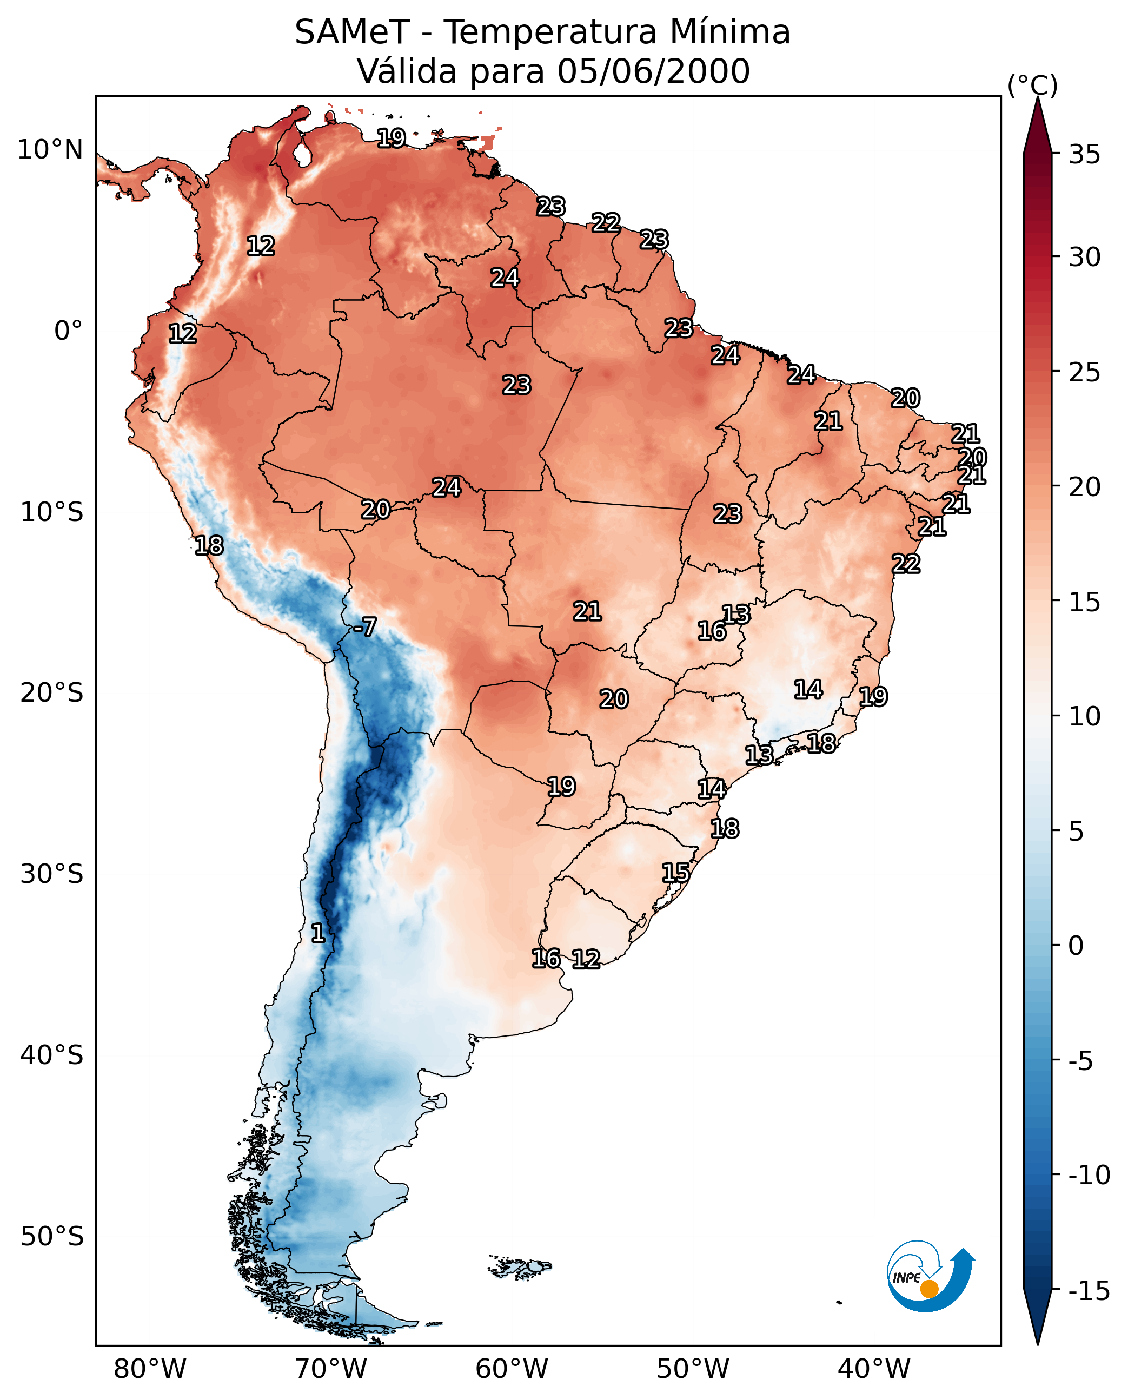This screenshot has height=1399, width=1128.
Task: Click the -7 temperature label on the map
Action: [364, 628]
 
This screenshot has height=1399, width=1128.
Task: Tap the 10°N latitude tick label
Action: [50, 150]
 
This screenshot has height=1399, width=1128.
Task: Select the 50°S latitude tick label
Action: [52, 1236]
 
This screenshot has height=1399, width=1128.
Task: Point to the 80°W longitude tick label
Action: [150, 1369]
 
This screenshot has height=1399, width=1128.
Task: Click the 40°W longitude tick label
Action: [874, 1369]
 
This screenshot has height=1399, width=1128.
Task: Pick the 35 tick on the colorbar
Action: [1084, 155]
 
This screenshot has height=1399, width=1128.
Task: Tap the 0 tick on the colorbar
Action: [1076, 946]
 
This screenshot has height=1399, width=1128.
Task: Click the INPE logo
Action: [930, 1277]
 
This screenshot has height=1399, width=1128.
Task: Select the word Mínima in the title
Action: [729, 32]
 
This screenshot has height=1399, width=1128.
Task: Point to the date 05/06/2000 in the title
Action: [654, 71]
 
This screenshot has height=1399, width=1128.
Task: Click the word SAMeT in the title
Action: [352, 32]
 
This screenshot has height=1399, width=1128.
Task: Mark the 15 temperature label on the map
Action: [676, 873]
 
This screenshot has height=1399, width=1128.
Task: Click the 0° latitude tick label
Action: [68, 331]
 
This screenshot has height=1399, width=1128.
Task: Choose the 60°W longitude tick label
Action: [512, 1369]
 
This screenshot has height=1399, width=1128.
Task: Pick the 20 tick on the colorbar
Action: [1084, 486]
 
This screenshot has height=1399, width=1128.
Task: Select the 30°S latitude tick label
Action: [52, 874]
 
